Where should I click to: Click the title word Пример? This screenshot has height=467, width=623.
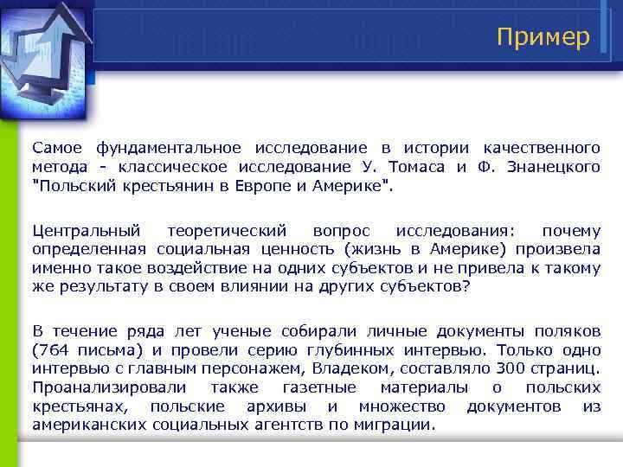(x=543, y=37)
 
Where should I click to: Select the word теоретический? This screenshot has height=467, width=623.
(x=225, y=231)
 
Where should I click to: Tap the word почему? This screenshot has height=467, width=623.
(x=570, y=231)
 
